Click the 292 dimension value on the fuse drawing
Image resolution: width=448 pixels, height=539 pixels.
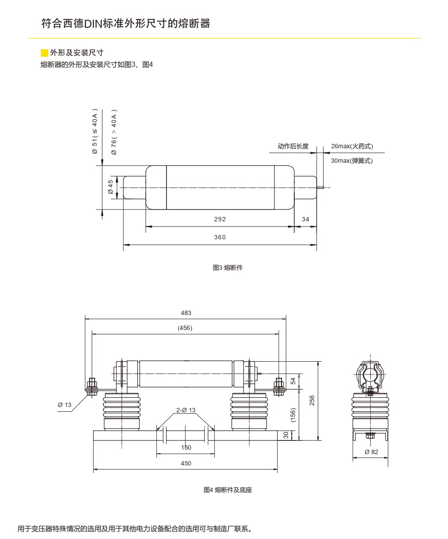(x=220, y=219)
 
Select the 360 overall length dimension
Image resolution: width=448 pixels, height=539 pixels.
(x=220, y=237)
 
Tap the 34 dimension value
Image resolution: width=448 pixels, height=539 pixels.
(x=306, y=219)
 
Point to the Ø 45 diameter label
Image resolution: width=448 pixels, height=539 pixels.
(x=111, y=187)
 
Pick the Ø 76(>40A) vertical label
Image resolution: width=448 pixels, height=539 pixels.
(x=114, y=132)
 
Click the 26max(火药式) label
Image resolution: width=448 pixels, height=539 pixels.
(x=352, y=146)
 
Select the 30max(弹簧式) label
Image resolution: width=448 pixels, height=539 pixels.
(x=351, y=161)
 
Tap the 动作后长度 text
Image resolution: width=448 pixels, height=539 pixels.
(x=293, y=146)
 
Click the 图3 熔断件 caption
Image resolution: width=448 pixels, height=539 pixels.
(x=228, y=268)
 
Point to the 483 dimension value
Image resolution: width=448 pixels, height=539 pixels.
(x=186, y=313)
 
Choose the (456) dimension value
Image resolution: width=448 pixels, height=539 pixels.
(x=185, y=328)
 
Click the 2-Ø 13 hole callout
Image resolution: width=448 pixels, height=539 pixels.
(x=186, y=410)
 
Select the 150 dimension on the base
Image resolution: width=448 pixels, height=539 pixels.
(x=186, y=447)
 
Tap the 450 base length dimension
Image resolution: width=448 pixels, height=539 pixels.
(x=186, y=463)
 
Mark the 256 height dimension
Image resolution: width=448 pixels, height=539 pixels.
(x=312, y=400)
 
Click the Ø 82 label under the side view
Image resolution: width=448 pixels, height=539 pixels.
(x=371, y=452)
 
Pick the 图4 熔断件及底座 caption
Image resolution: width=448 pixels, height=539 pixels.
(x=228, y=490)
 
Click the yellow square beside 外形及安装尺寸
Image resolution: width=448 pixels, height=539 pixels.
(x=44, y=53)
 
